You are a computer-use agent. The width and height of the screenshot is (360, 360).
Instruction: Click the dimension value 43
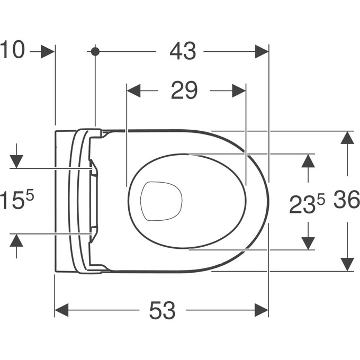pos(183,51)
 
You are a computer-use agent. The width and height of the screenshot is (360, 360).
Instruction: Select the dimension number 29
pos(184,91)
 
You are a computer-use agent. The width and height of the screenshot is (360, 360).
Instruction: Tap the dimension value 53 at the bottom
pos(162,311)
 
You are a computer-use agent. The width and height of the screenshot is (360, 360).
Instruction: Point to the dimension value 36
pos(347,201)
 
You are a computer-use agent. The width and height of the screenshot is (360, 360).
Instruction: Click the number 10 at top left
pos(12,51)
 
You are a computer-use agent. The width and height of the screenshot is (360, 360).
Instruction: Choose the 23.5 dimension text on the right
pos(307,204)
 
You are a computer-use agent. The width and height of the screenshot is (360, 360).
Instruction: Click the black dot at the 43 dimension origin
pos(95,51)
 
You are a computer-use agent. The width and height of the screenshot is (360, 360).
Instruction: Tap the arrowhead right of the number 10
pos(48,51)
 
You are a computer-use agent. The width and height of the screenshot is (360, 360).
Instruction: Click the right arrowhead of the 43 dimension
pos(262,51)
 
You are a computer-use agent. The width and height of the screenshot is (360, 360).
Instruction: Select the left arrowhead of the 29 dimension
pos(133,91)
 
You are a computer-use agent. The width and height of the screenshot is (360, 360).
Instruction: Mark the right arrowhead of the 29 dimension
pos(239,91)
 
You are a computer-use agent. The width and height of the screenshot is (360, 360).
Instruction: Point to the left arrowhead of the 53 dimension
pos(61,311)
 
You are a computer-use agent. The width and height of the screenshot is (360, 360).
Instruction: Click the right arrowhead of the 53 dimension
pos(262,311)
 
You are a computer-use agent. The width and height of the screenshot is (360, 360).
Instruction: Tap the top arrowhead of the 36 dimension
pos(347,138)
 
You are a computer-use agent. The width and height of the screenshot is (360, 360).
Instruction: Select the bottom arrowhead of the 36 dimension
pos(347,264)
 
